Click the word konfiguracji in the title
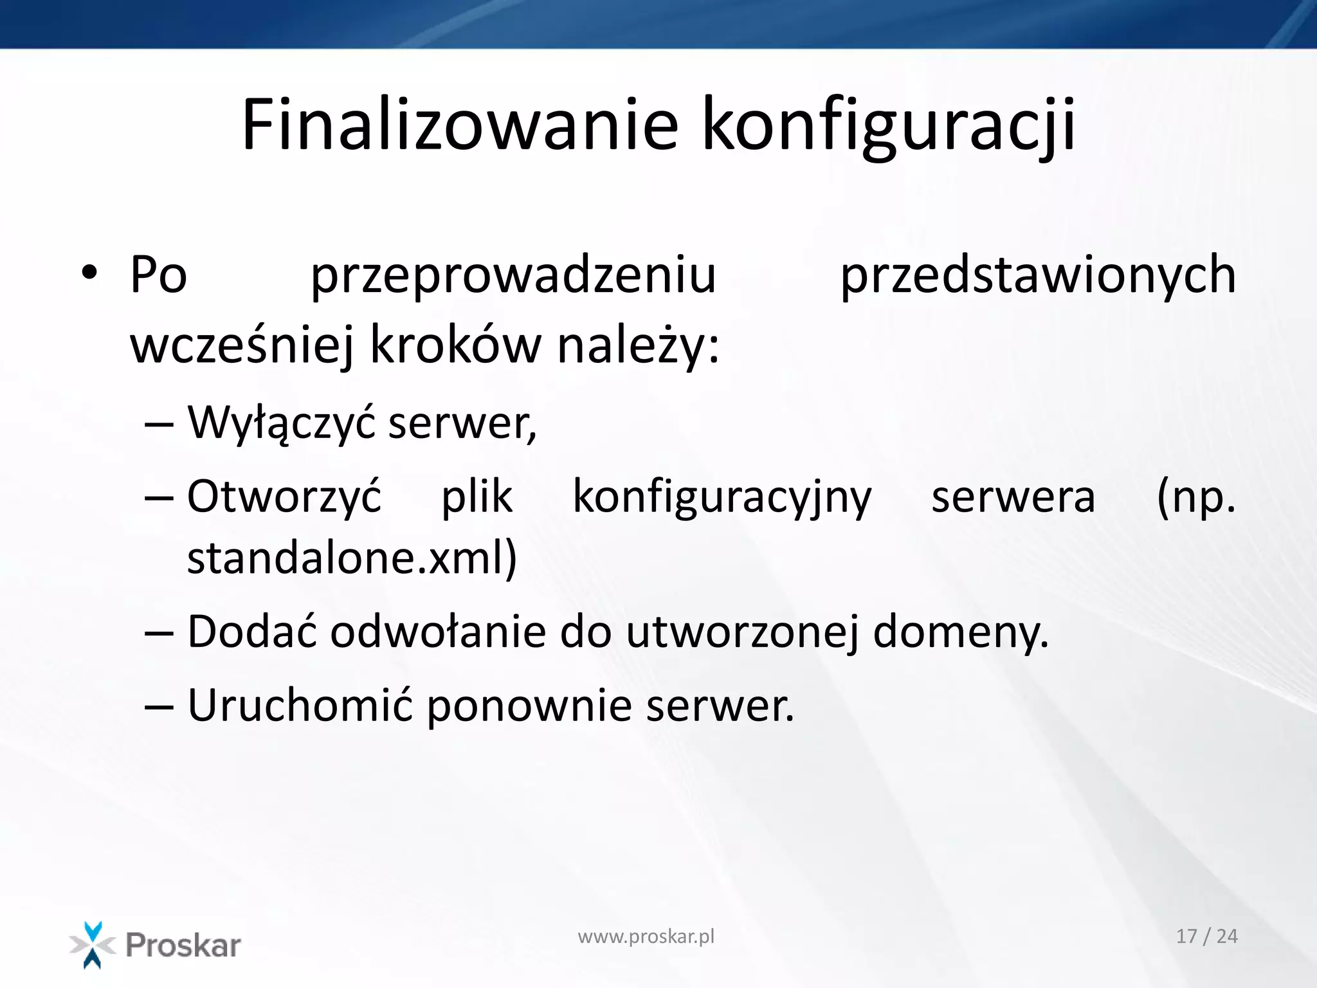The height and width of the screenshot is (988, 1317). coord(889,124)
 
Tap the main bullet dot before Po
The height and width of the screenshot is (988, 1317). coord(89,273)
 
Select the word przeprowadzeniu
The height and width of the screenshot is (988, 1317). coord(513,275)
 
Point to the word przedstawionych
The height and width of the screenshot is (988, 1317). coord(1038,275)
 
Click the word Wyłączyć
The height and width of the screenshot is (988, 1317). coord(281,423)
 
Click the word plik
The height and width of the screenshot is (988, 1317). coord(477,497)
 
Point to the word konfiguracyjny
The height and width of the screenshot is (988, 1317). coord(722,497)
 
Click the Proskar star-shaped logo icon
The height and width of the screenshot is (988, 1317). coord(93,944)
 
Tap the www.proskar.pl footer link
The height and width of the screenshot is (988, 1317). coord(646,937)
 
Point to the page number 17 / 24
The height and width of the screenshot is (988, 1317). coord(1206,937)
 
